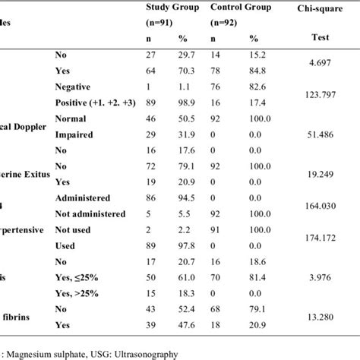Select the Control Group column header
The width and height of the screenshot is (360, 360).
coord(242,8)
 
